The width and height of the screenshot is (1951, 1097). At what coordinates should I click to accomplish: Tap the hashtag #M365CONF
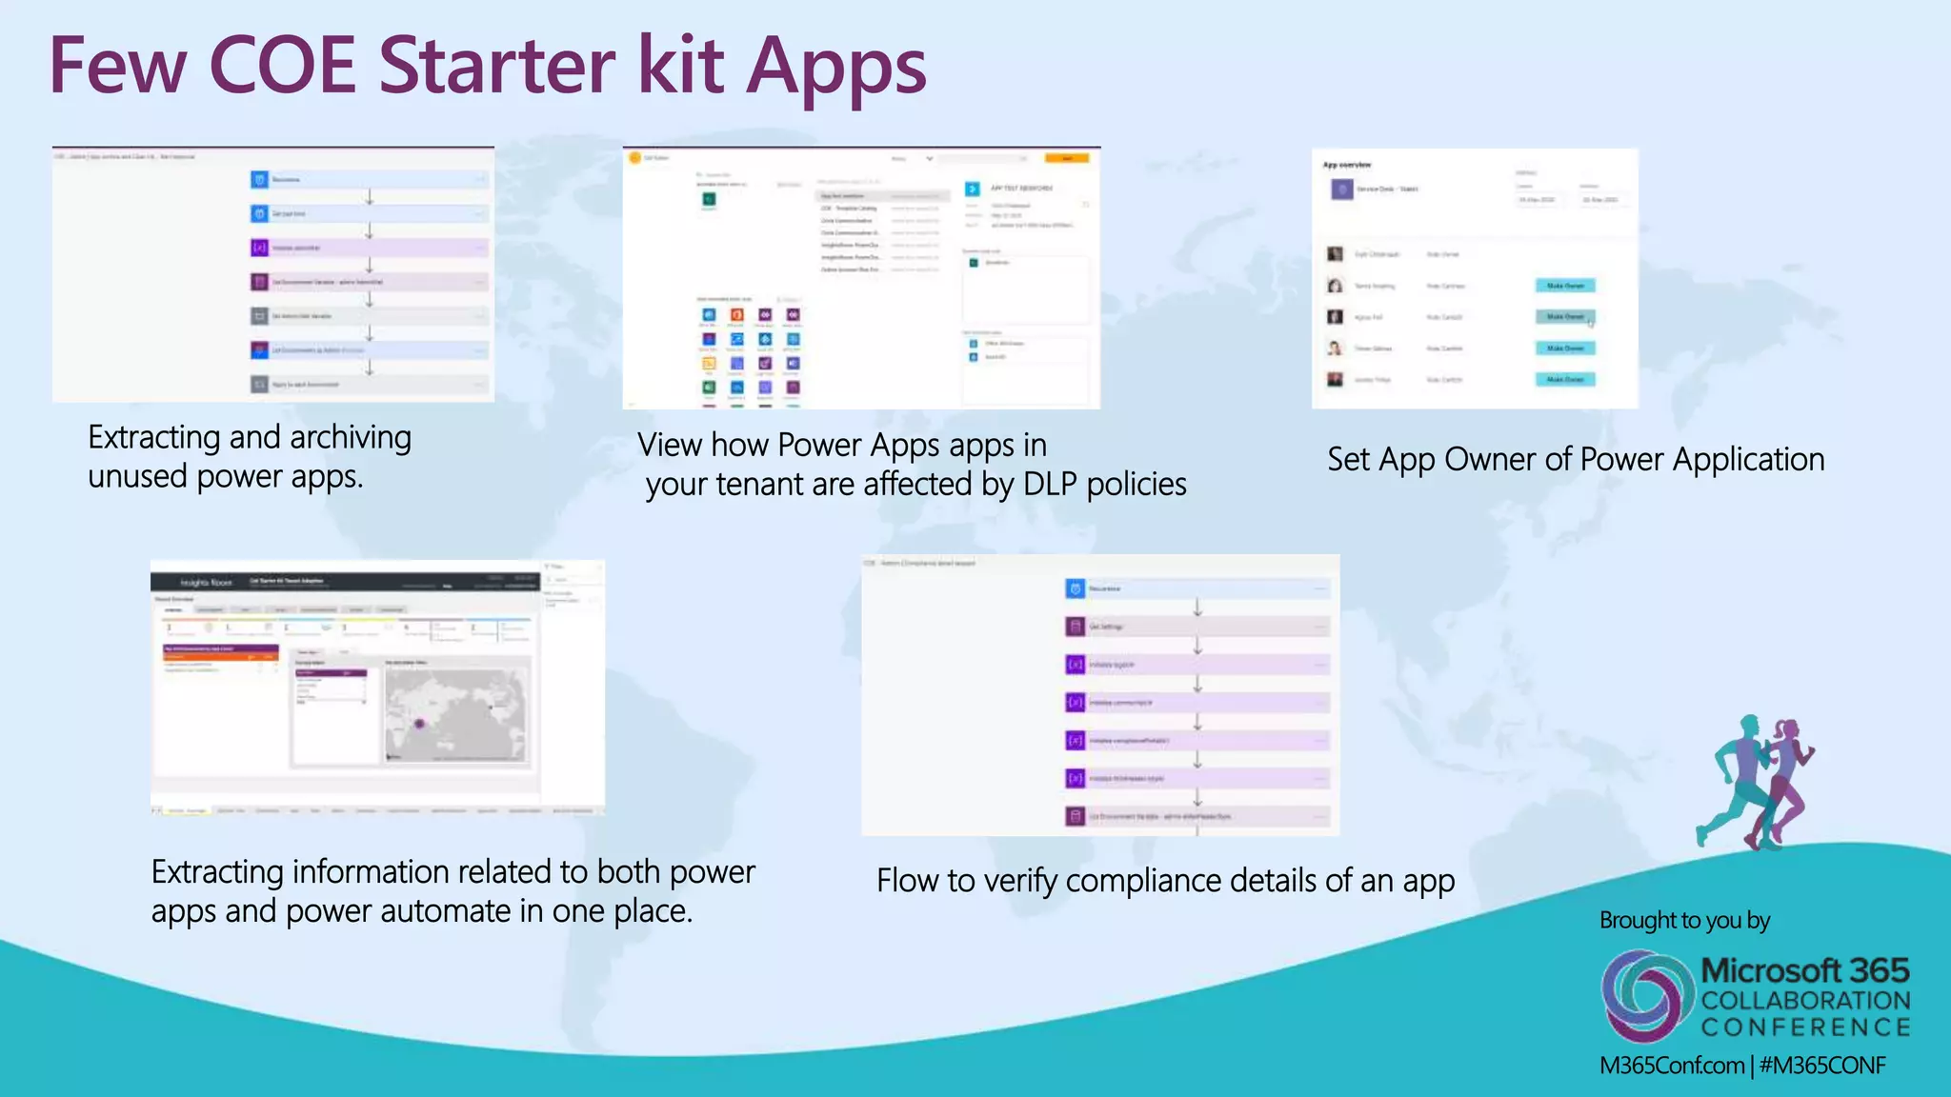[x=1821, y=1066]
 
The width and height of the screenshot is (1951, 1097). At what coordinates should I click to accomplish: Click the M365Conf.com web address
[x=1671, y=1066]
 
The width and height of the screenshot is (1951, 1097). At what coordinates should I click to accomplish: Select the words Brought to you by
[x=1684, y=921]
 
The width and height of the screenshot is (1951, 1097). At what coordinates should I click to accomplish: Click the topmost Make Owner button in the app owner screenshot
[x=1564, y=286]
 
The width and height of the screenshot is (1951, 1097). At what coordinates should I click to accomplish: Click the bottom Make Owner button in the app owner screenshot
[x=1564, y=379]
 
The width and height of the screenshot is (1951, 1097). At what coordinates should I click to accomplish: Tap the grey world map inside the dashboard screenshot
[x=455, y=714]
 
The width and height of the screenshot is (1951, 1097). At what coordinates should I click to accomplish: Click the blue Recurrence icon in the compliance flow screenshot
[x=1076, y=588]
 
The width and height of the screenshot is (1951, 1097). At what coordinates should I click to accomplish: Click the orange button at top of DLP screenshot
[x=1066, y=158]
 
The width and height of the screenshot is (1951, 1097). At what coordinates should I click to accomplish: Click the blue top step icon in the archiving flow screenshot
[x=259, y=179]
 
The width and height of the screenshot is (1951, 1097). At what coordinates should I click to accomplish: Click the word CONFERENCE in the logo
[x=1805, y=1027]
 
